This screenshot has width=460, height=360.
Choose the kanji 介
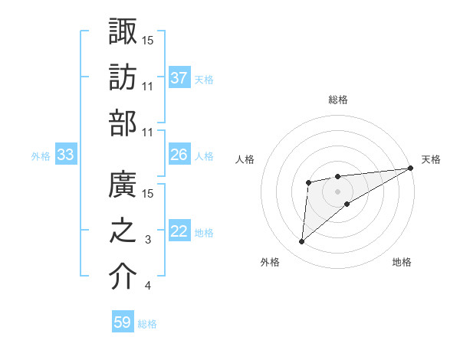click(x=123, y=277)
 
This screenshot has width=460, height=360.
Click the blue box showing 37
click(x=179, y=78)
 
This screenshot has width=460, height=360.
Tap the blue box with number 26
click(x=179, y=155)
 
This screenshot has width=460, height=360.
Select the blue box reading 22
click(x=179, y=232)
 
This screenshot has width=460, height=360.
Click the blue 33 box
click(x=66, y=155)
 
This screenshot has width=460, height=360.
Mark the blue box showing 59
click(x=123, y=322)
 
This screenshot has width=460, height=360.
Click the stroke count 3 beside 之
click(x=148, y=241)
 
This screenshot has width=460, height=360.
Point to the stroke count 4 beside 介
click(x=148, y=286)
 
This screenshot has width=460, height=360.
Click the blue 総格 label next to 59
click(x=147, y=324)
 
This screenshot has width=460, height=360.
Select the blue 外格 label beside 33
click(x=41, y=156)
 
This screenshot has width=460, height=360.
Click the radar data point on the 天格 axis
click(x=410, y=169)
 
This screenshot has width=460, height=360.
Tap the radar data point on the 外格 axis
click(x=302, y=242)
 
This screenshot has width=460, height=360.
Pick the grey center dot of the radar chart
click(x=337, y=190)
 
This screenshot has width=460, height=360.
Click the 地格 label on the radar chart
click(x=402, y=263)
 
